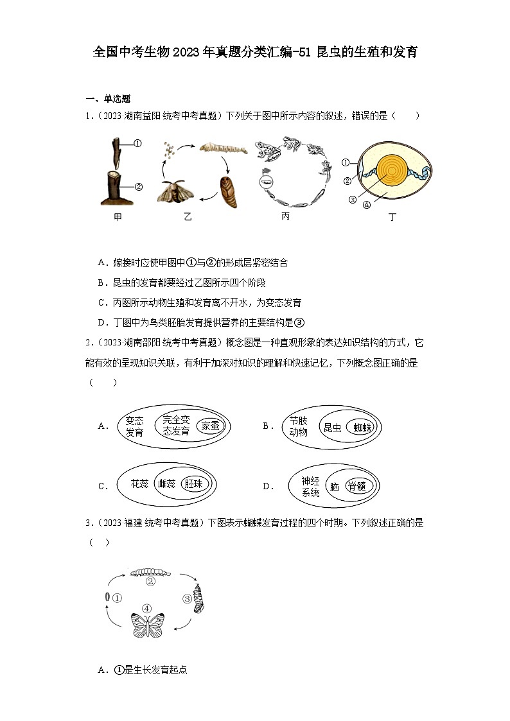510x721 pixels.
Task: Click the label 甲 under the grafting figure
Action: [x=118, y=217]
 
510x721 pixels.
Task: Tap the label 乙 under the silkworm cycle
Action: [x=188, y=217]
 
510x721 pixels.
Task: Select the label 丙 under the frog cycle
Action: [x=285, y=216]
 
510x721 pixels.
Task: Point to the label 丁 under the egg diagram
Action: [x=392, y=217]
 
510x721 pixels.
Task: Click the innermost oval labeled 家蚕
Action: [x=209, y=426]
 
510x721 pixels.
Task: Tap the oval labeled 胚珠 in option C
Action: [x=192, y=484]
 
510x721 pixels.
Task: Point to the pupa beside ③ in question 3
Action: [x=199, y=598]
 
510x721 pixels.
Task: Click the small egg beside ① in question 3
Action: [x=107, y=598]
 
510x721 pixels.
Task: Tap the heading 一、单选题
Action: [x=108, y=98]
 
